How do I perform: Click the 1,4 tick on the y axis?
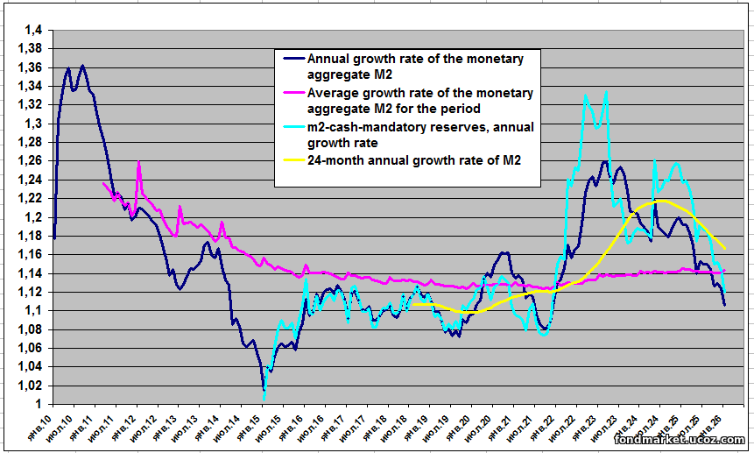(x=34, y=31)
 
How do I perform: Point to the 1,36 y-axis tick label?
(x=31, y=67)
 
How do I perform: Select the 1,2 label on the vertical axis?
(x=34, y=217)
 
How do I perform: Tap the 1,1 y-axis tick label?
(x=34, y=310)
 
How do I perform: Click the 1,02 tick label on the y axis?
(x=31, y=386)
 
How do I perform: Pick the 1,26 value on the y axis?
(x=31, y=161)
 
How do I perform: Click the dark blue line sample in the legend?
(x=292, y=60)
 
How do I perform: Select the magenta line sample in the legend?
(x=292, y=93)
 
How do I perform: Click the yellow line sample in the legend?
(x=292, y=160)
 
